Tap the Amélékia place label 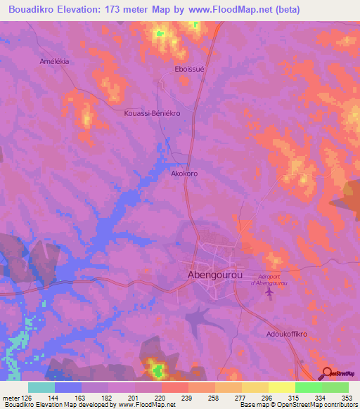pyautogui.click(x=53, y=62)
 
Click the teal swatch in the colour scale pyautogui.click(x=41, y=387)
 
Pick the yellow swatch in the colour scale pyautogui.click(x=282, y=387)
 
